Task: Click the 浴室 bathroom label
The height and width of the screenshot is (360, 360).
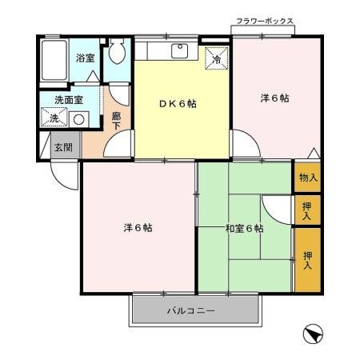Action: point(85,58)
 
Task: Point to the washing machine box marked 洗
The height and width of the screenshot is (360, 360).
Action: point(54,118)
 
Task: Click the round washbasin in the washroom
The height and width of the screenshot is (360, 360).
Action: point(78,119)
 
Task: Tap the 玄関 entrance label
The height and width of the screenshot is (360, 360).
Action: point(63,147)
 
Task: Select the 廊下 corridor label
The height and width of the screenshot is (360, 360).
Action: point(117,121)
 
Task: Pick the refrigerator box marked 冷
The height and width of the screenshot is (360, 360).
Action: point(215,58)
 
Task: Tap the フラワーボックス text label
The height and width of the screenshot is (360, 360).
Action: point(265,21)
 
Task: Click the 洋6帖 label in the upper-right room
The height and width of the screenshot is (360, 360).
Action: point(274,98)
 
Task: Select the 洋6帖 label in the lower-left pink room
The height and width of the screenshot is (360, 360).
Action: point(138,227)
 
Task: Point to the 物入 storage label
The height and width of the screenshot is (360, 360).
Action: point(308,177)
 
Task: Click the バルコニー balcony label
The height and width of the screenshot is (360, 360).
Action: point(190,310)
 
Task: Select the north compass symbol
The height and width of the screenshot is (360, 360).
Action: point(314,333)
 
